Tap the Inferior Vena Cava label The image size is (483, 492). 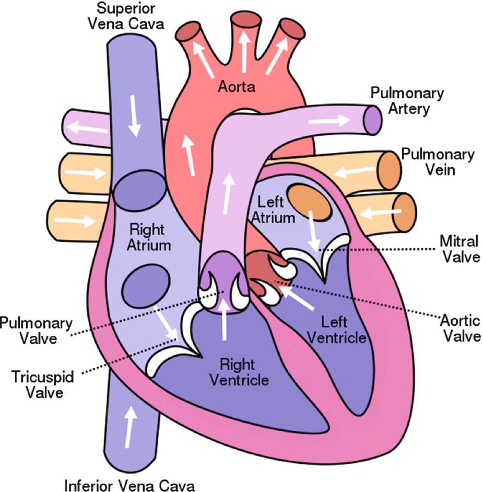tap(129, 485)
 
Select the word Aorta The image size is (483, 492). tap(237, 87)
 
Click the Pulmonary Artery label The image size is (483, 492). tap(407, 101)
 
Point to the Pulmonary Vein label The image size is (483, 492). tap(438, 162)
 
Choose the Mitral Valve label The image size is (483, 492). tap(460, 249)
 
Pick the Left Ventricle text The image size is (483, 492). tap(335, 329)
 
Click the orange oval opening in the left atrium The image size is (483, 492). tap(309, 202)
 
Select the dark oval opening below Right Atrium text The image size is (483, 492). tap(146, 284)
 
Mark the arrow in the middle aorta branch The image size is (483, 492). tap(244, 50)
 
